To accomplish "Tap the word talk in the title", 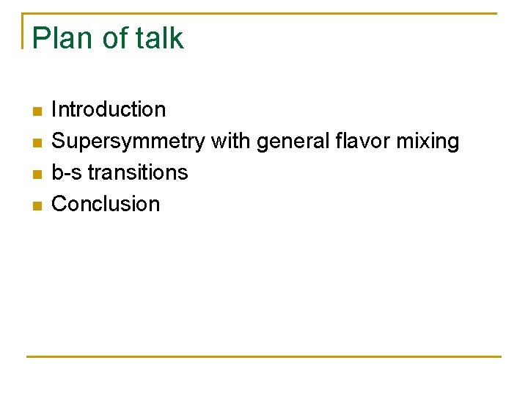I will [159, 38].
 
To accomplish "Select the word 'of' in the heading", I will [115, 38].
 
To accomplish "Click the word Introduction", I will [109, 110].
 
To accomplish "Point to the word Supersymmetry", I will [128, 142].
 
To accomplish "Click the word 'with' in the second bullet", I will [231, 141].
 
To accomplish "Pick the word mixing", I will [430, 142].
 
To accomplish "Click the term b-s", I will [67, 172].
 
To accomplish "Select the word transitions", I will [138, 172].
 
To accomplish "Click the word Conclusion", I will [106, 204].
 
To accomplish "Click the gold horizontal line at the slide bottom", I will [264, 356].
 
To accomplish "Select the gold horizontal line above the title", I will [264, 13].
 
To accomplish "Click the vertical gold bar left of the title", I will [23, 31].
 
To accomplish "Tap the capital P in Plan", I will [41, 38].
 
